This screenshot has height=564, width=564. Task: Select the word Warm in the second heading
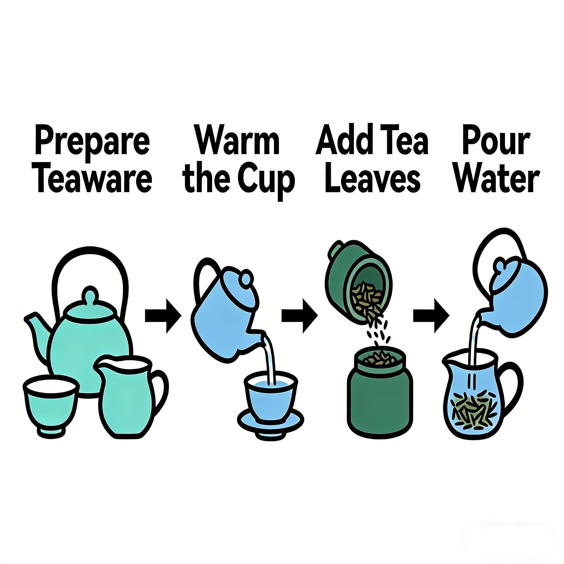237,142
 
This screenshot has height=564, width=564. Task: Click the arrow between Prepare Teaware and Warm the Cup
163,316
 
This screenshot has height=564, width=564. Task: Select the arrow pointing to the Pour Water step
431,316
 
